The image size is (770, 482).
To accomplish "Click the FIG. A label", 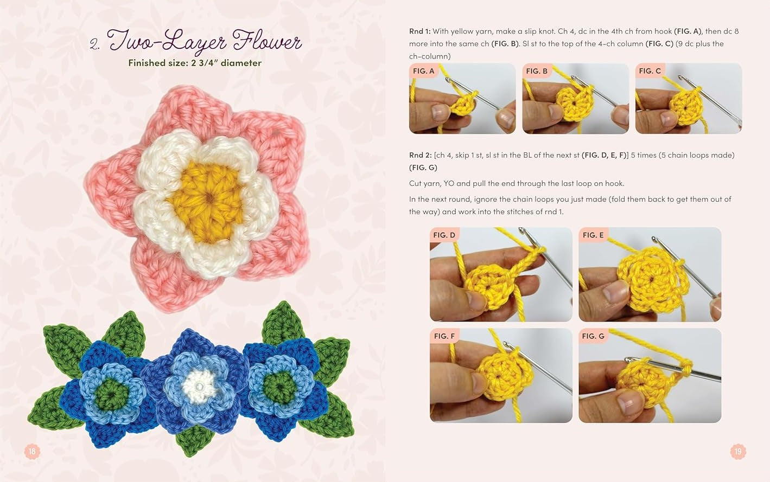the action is tap(423, 71).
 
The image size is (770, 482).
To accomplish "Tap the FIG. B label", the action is tap(537, 71).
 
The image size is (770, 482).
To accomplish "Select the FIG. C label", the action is tap(650, 71).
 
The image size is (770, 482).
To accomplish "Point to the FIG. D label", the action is tap(444, 235).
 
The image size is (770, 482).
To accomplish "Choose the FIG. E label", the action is tap(593, 235).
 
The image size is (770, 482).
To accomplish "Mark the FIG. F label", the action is tap(444, 336).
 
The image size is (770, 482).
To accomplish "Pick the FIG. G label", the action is tap(593, 336).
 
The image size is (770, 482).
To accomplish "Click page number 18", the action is tap(33, 451).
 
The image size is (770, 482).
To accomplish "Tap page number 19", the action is tap(738, 451).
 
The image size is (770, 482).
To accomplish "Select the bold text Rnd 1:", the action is tap(419, 31).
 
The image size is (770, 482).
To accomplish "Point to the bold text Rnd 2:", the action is tap(420, 155).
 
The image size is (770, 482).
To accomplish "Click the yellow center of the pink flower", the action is tap(208, 201).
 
